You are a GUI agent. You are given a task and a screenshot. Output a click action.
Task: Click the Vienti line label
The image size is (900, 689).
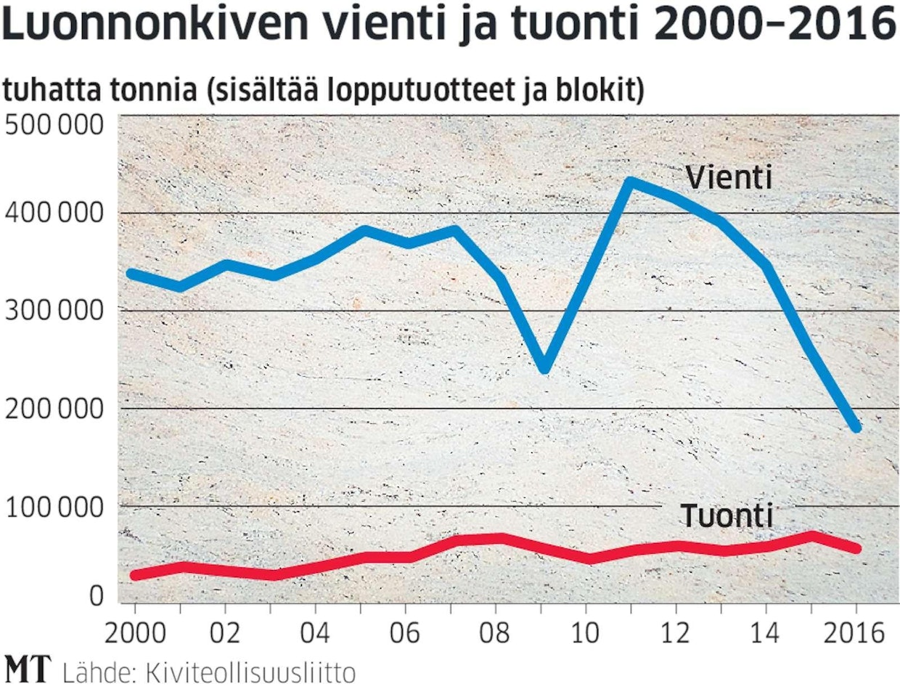pos(729,178)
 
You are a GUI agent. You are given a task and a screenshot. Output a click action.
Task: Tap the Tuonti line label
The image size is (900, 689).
pos(727,516)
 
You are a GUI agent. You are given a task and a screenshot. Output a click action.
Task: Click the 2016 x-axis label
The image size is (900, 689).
pos(855,632)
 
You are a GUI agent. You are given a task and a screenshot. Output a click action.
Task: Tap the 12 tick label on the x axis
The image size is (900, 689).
pos(676,632)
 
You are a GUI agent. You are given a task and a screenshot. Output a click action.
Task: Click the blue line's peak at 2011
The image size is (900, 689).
pos(630,182)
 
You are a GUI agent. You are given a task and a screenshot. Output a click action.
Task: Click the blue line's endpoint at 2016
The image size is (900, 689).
pos(857,427)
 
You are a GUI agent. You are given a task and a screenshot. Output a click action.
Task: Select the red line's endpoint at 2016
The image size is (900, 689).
pos(857,548)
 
